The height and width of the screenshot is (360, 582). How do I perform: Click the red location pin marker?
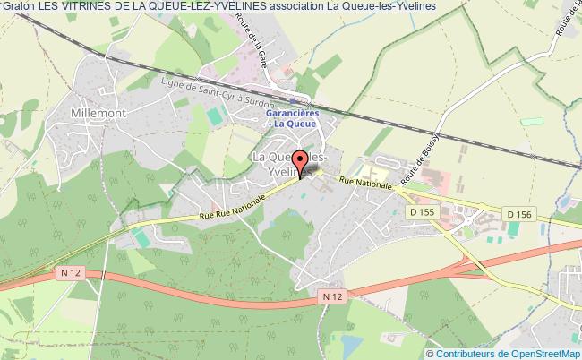(299, 167)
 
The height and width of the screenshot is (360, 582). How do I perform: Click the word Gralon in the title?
(18, 8)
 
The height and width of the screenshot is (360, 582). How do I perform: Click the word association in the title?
(306, 8)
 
